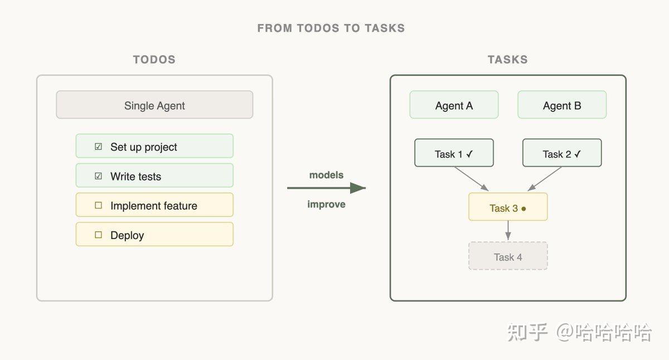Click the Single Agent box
click(154, 105)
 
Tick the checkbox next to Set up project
click(98, 147)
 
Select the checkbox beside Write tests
click(98, 176)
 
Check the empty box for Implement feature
click(98, 206)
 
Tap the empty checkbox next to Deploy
click(98, 235)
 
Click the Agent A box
click(454, 105)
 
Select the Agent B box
click(562, 105)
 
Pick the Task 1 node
click(454, 153)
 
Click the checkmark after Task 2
click(578, 154)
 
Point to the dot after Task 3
click(523, 208)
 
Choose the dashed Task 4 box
click(508, 256)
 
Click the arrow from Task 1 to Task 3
click(471, 179)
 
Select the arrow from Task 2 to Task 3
click(545, 179)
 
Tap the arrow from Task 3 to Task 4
click(508, 231)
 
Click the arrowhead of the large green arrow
click(358, 188)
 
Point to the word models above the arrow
click(327, 175)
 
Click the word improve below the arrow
click(327, 205)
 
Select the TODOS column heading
click(154, 60)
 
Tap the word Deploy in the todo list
click(127, 236)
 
